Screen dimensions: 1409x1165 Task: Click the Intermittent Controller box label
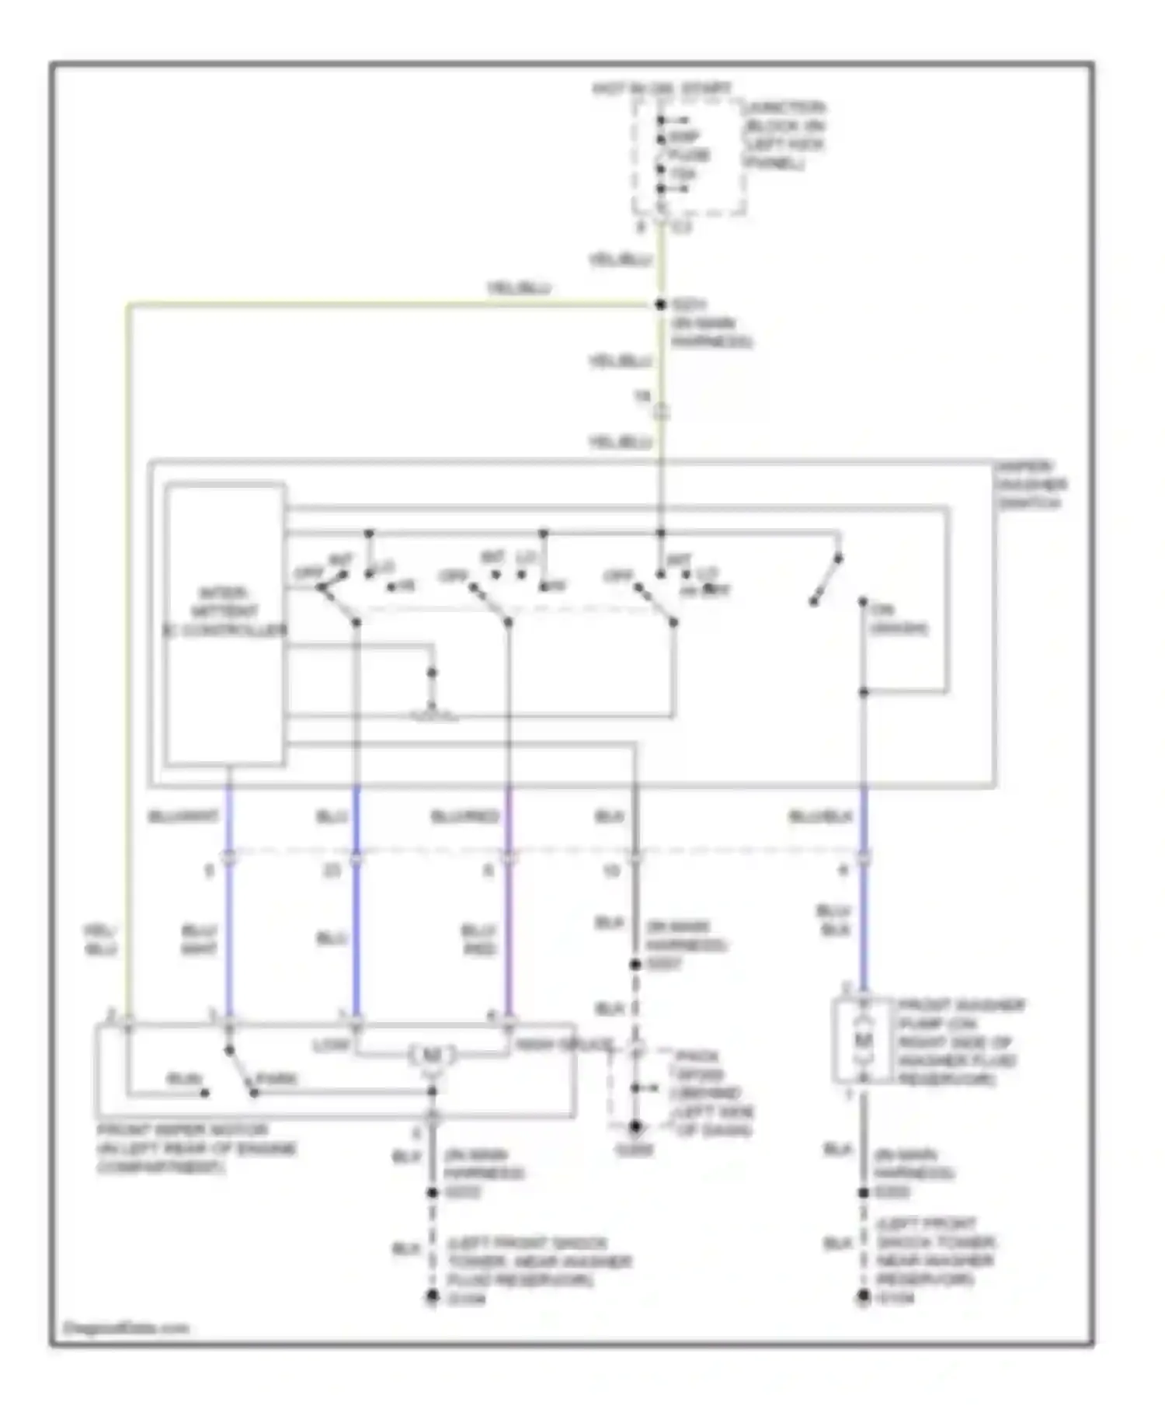click(224, 611)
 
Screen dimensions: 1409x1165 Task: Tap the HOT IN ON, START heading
click(661, 89)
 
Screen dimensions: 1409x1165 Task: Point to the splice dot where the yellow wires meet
click(660, 304)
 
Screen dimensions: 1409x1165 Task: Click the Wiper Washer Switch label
click(1032, 485)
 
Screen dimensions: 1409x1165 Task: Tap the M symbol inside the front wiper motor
click(431, 1055)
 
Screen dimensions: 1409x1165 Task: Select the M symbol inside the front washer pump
click(863, 1039)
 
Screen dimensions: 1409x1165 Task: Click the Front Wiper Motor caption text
click(196, 1148)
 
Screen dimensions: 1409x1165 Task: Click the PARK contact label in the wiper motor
click(276, 1078)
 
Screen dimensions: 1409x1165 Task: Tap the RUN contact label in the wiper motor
click(184, 1079)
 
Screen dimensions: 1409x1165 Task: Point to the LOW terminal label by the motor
click(331, 1045)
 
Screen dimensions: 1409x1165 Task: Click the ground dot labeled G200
click(635, 1125)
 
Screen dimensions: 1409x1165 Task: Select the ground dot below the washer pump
click(863, 1296)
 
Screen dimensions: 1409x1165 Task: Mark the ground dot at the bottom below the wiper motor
click(432, 1296)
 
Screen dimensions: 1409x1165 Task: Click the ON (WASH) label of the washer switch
click(897, 619)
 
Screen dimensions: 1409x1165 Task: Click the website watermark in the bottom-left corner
click(126, 1327)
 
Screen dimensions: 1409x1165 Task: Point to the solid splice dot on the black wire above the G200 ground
click(635, 964)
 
